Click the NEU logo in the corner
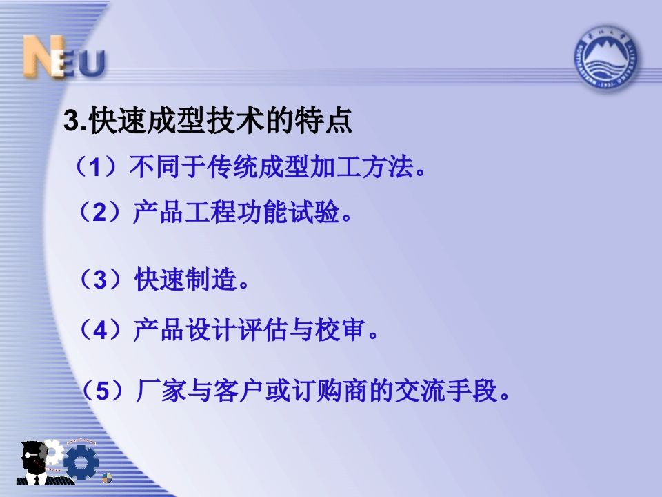63,57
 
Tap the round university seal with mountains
605,58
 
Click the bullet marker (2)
99,211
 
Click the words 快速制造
185,280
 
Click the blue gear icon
81,462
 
